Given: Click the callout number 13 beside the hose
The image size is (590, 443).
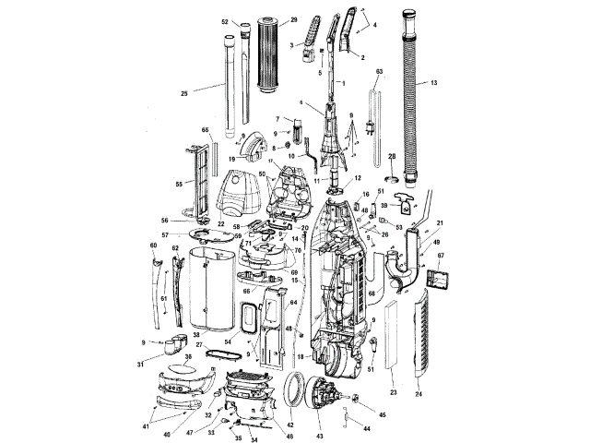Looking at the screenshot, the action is coord(434,84).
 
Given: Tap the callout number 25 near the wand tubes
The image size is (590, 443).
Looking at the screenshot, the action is coord(184,93).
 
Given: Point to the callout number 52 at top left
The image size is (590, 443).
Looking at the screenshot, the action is coord(225,21).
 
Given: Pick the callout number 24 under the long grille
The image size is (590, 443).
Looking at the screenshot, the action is coord(419,393).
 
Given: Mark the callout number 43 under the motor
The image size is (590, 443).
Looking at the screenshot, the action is coord(320,435).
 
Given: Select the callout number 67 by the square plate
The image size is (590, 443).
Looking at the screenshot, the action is coord(441,256).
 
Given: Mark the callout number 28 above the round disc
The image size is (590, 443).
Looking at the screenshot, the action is coord(391,157).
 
